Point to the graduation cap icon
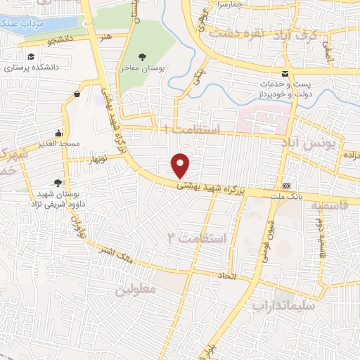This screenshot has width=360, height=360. tap(31, 57)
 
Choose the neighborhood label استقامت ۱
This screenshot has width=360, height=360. tap(192, 129)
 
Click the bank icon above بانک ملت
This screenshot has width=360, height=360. tap(286, 186)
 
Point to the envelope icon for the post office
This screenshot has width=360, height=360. tap(285, 74)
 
